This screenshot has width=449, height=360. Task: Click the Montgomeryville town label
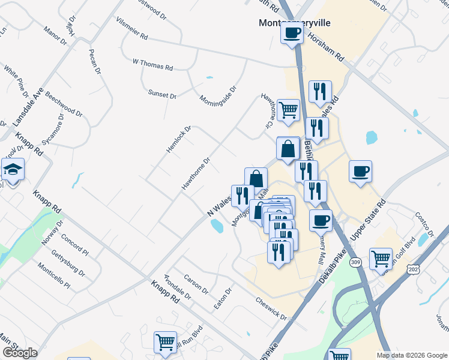click(294, 23)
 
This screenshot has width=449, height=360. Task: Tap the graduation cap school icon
click(11, 170)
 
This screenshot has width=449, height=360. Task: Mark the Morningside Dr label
click(218, 94)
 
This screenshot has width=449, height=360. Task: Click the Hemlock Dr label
click(179, 139)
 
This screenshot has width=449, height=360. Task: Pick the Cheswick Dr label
click(271, 307)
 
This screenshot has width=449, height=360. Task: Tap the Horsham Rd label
click(325, 48)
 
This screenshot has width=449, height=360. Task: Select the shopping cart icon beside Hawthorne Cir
click(288, 110)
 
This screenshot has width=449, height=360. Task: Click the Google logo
click(20, 353)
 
